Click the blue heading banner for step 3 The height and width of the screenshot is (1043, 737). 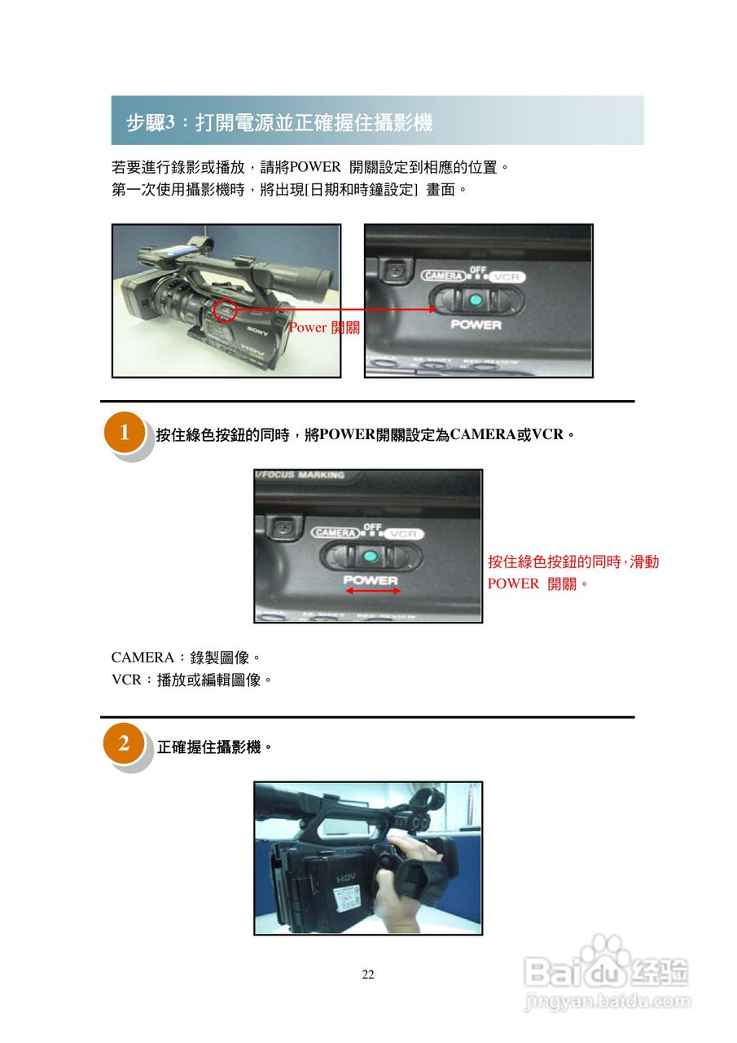coord(377,121)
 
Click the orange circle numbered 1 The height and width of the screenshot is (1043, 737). coord(125,433)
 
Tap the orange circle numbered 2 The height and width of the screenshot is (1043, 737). coord(125,743)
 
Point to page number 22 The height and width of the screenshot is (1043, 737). coord(368,975)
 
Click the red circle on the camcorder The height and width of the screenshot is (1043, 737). coord(225,310)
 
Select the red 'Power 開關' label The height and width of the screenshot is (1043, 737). coord(323,328)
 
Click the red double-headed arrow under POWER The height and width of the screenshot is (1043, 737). coord(373,592)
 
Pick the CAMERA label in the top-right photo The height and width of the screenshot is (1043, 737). coord(443,276)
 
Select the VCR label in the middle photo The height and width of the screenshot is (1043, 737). coord(403,534)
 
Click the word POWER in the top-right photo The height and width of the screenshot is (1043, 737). coord(476,324)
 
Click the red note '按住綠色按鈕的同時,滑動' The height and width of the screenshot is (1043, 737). coord(572,561)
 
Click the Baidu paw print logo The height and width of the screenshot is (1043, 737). coord(607,953)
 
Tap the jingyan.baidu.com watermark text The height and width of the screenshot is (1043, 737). coord(607,1001)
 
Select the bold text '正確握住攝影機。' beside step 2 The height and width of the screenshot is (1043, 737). coord(214,746)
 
